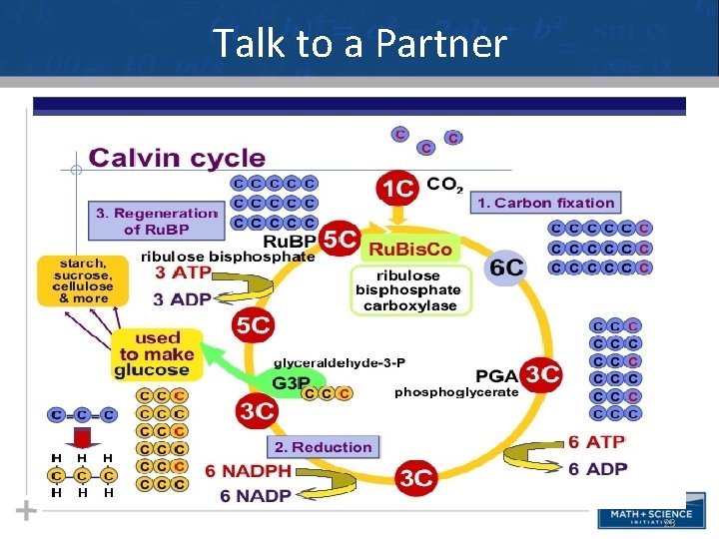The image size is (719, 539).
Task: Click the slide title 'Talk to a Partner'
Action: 359,44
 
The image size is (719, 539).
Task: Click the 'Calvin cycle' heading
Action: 177,158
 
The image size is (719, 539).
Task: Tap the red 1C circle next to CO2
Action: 399,188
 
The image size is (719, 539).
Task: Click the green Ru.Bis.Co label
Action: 410,249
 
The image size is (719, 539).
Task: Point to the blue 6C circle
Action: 507,268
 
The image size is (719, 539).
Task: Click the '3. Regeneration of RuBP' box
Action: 156,221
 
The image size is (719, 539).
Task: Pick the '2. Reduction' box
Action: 324,447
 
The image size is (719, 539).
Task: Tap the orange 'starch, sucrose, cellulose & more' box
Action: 76,278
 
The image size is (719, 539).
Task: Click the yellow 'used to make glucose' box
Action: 156,353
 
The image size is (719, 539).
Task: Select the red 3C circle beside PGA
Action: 542,374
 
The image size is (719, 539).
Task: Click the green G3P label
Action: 291,382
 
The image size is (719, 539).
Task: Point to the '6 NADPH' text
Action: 249,470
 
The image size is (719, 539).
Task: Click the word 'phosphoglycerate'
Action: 456,392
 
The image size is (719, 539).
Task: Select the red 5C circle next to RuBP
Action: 341,240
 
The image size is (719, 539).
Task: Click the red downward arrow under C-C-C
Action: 82,436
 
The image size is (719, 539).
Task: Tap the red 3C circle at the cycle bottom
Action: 415,478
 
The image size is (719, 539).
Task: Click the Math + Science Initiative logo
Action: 645,517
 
